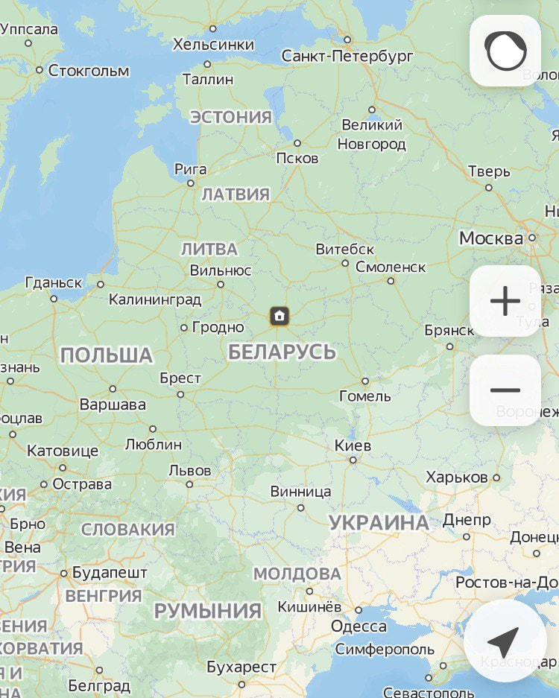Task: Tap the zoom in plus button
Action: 505,301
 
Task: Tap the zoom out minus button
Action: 505,390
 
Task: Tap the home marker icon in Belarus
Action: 279,316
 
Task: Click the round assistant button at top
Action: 505,51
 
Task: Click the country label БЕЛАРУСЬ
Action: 282,352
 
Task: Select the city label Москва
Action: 491,238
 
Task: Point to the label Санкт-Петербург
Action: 347,56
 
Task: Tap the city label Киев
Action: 353,445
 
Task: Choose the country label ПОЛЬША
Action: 107,355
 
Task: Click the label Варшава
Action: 113,404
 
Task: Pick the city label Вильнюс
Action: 221,270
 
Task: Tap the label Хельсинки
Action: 213,44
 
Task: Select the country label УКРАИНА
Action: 379,522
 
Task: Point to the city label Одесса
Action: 359,626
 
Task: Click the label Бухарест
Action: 241,666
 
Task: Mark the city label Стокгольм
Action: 89,71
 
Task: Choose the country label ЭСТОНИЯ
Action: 231,117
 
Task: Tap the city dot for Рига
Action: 191,183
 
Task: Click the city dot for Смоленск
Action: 391,281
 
